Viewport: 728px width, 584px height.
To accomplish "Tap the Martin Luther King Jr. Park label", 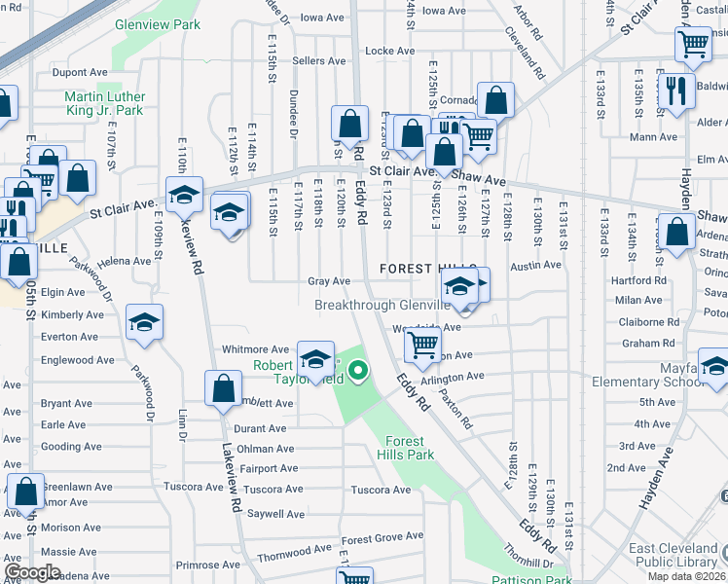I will (104, 103).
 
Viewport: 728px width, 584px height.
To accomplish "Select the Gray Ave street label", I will (329, 281).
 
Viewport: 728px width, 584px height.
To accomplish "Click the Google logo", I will (32, 572).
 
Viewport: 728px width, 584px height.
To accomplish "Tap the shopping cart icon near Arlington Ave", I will (422, 346).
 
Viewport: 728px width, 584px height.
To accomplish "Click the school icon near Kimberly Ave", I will (144, 321).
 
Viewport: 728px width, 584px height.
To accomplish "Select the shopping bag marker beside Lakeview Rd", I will (224, 386).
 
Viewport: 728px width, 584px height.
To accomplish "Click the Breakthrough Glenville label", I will (382, 305).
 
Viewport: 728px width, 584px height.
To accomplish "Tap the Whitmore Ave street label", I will (256, 348).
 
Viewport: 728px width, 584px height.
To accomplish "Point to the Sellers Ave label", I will (319, 60).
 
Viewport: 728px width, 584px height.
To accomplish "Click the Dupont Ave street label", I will (79, 72).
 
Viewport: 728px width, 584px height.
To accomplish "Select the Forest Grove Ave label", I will (382, 538).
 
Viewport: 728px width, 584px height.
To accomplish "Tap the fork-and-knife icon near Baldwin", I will (673, 90).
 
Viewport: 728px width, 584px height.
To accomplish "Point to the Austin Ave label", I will (536, 265).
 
